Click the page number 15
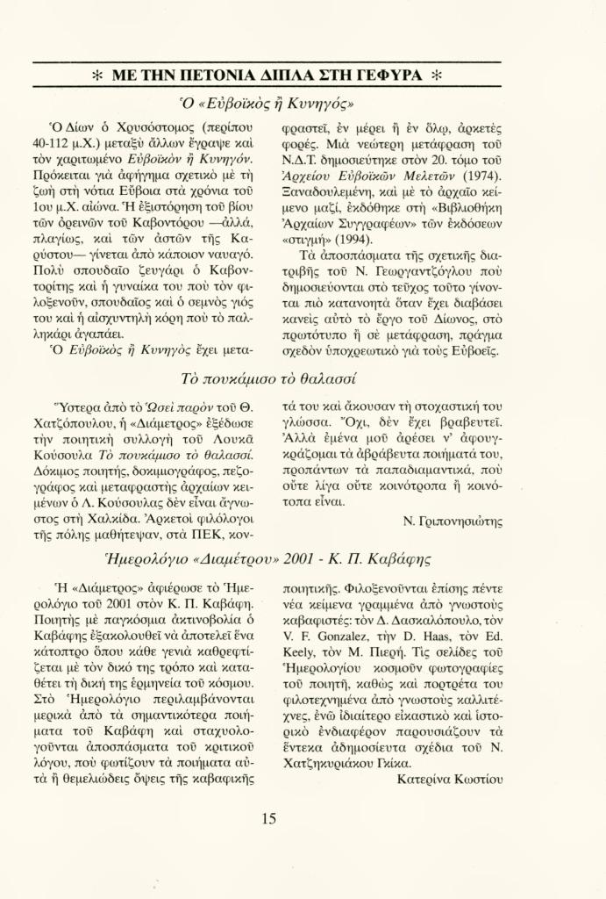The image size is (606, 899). point(268,820)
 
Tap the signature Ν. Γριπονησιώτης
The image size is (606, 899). point(452,521)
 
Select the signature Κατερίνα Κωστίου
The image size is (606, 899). point(450,779)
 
